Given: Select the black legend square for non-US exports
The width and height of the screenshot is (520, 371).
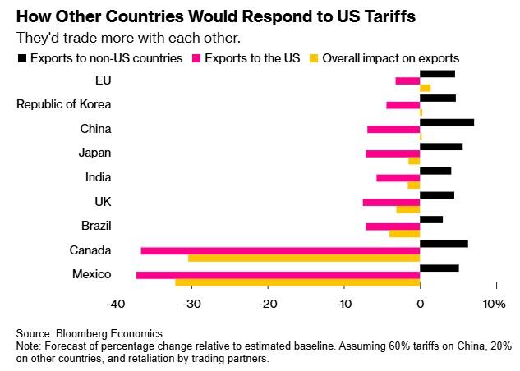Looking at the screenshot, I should pos(21,58).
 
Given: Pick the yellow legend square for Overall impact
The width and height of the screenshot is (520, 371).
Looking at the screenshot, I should pos(315,58).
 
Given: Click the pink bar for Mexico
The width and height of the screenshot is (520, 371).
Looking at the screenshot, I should pos(278,275).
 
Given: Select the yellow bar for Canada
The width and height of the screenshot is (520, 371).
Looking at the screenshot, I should pos(304,259).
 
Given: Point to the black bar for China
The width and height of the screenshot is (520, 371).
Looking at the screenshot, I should pos(447,122).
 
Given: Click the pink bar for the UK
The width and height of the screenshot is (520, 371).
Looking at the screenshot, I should pos(391,202).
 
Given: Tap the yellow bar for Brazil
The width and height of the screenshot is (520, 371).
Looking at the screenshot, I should pos(404,234).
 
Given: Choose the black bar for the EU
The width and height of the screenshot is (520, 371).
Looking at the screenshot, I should pos(437,74).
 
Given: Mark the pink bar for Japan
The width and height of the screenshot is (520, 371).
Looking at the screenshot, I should pos(393,153).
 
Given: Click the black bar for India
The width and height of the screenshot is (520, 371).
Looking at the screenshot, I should pos(435,171).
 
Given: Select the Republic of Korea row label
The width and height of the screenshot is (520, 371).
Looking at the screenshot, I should pos(64,104).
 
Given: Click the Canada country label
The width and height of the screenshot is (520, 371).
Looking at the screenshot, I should pos(91,250).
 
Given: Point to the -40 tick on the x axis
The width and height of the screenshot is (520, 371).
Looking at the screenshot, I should pos(115,305).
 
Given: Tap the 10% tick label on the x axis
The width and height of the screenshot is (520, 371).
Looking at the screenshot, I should pos(495,305).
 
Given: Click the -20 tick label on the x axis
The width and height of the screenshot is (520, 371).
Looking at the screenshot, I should pos(268,305).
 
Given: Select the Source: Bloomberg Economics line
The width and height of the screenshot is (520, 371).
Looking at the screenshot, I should pos(90,334).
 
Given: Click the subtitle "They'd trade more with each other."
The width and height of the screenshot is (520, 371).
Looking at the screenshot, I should pos(127,38).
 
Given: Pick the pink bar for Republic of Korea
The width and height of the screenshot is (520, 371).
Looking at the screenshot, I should pos(403,105).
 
